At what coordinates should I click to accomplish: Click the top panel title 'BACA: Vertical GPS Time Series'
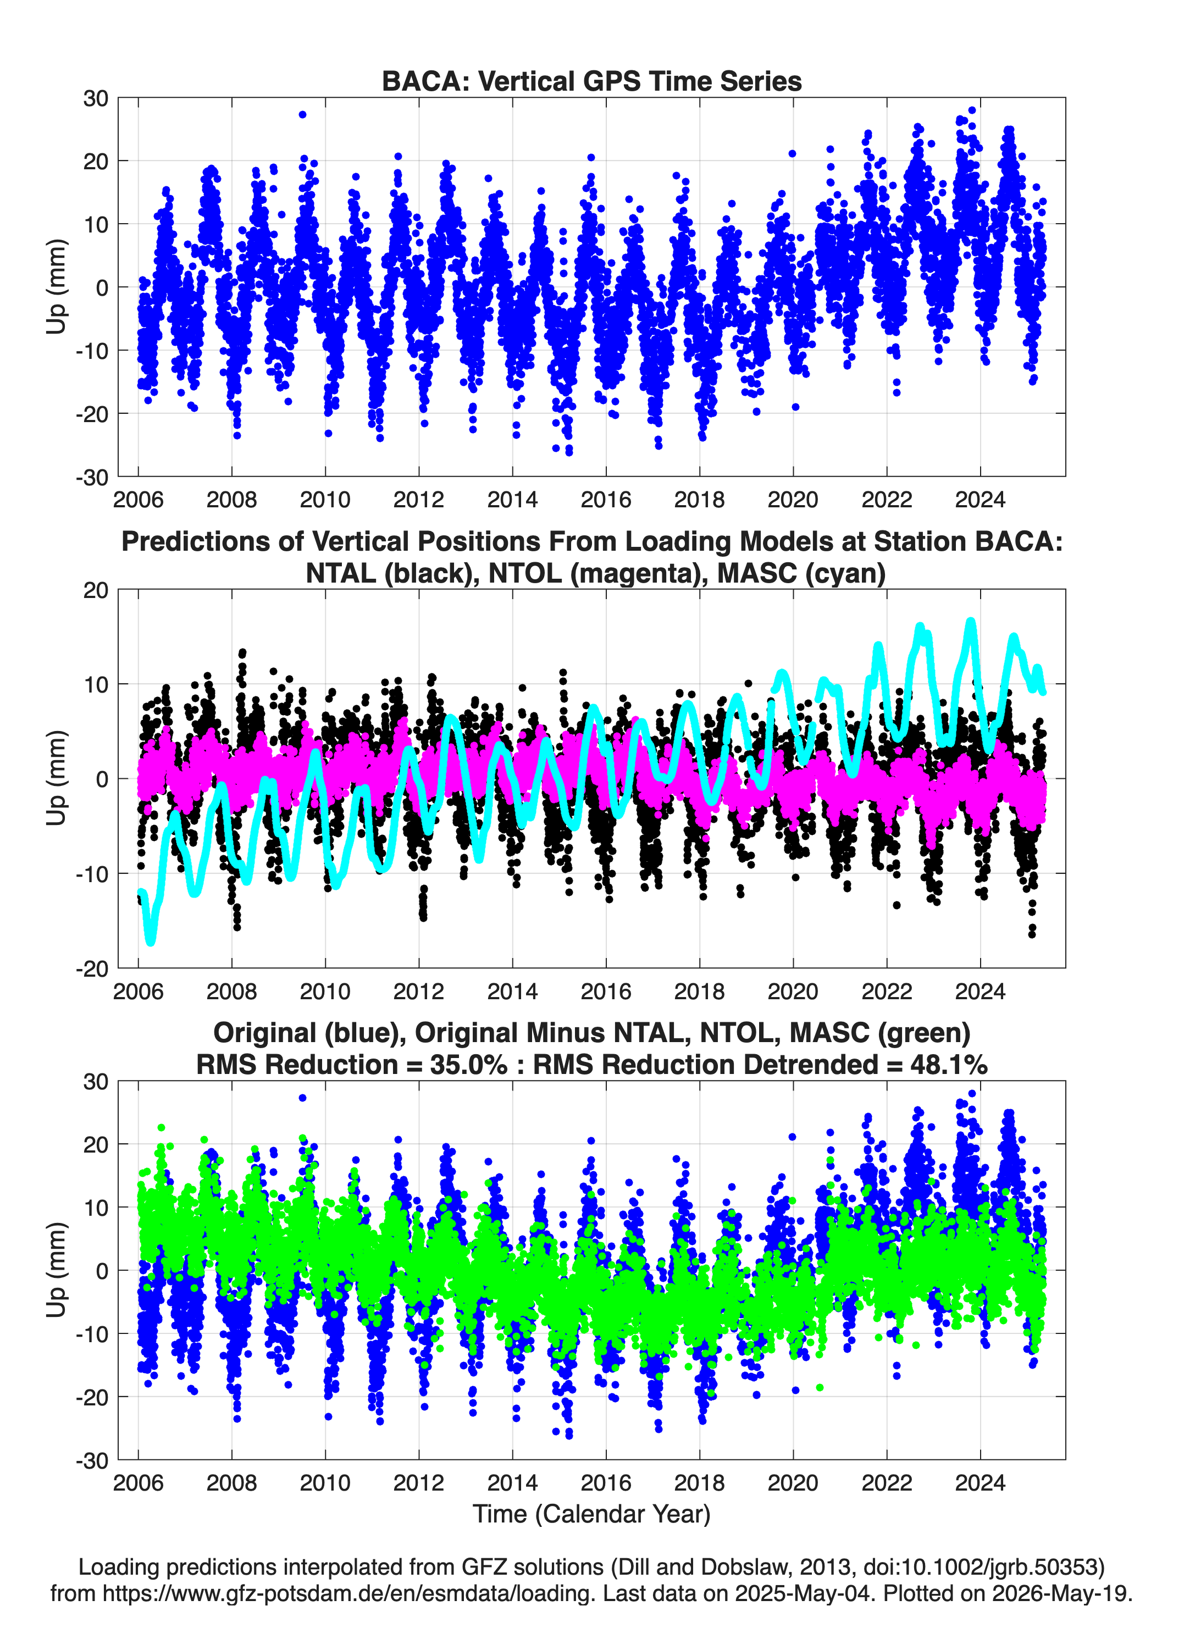pyautogui.click(x=591, y=81)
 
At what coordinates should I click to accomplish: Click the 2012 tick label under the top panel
pyautogui.click(x=418, y=500)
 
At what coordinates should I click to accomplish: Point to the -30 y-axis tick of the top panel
pyautogui.click(x=92, y=477)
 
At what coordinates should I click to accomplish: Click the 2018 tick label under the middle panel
pyautogui.click(x=699, y=991)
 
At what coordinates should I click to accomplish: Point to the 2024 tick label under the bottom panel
pyautogui.click(x=980, y=1483)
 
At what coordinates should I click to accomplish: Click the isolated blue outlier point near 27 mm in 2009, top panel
pyautogui.click(x=302, y=114)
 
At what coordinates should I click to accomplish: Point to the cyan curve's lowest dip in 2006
pyautogui.click(x=151, y=940)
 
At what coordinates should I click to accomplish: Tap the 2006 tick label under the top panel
pyautogui.click(x=138, y=500)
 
